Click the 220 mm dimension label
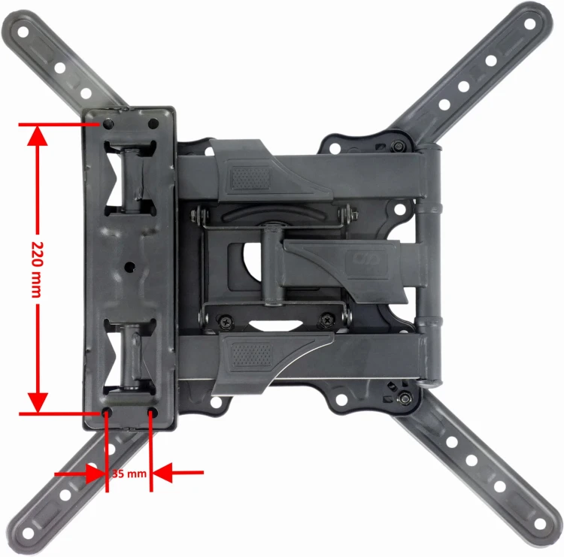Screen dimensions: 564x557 tap(37, 270)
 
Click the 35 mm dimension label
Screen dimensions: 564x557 tap(129, 474)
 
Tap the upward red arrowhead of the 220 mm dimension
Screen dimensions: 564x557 tap(38, 136)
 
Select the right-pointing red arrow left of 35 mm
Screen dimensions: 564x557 tap(79, 474)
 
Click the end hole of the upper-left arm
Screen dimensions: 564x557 tap(23, 32)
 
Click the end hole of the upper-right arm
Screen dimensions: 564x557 tap(530, 24)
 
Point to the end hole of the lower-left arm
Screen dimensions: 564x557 tap(28, 534)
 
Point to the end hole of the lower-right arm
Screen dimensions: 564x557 tap(539, 524)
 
